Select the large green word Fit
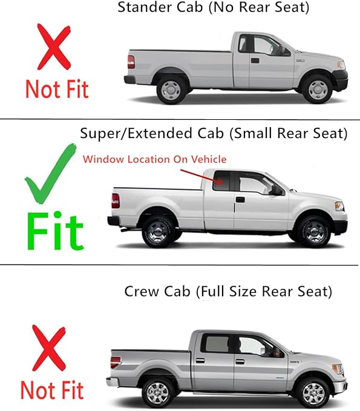(54, 230)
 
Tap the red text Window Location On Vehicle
(154, 159)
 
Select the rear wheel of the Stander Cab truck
(171, 89)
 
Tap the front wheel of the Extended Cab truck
(313, 231)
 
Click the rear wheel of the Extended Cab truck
(157, 231)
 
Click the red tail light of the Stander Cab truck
(131, 62)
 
